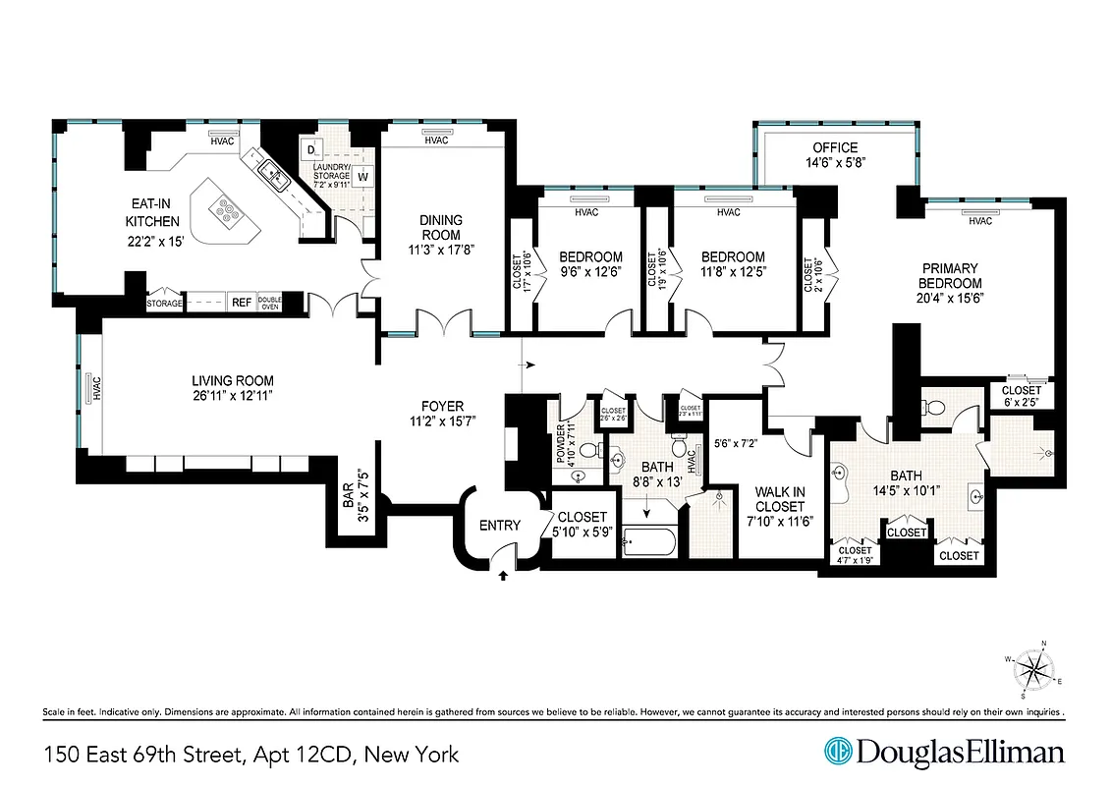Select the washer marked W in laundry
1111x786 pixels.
click(x=362, y=178)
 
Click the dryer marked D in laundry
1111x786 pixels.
click(x=311, y=150)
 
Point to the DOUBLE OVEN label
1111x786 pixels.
click(x=269, y=304)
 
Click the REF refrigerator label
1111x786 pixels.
click(x=240, y=304)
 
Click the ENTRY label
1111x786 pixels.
click(x=499, y=526)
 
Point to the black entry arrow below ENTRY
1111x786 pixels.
click(x=504, y=576)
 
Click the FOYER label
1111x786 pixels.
click(x=442, y=406)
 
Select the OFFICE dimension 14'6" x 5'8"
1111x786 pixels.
click(x=835, y=164)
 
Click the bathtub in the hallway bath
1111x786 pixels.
click(x=648, y=543)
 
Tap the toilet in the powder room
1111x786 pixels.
click(x=590, y=451)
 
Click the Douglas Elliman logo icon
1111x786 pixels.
click(x=838, y=753)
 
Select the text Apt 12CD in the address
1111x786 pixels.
click(x=302, y=755)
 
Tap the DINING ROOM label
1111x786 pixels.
click(x=440, y=228)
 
